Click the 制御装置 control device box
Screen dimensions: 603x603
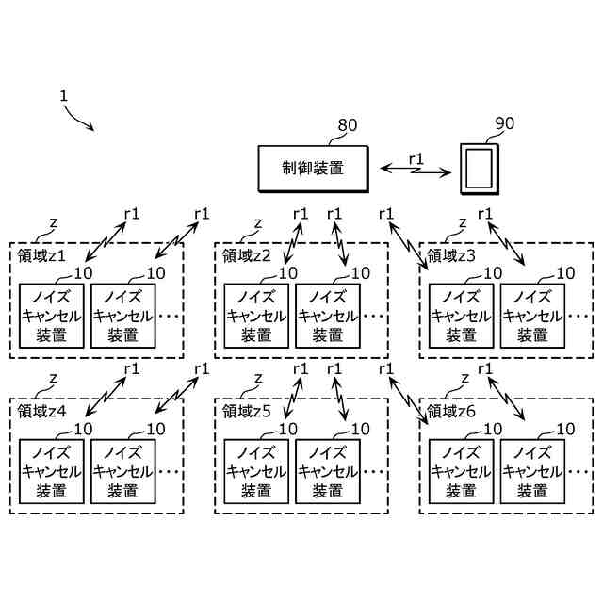pos(313,169)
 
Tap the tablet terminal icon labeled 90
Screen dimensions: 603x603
pos(480,169)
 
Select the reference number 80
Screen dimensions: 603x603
pos(348,125)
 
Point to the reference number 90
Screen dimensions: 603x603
pos(505,123)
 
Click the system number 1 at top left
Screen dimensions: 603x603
pos(64,96)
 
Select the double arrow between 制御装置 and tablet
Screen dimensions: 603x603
pos(416,171)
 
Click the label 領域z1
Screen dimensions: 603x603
pos(41,255)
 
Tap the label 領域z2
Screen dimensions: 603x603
pos(247,255)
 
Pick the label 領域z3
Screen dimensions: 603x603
pos(451,255)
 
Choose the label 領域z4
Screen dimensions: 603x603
pos(41,412)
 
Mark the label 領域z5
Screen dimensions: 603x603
pos(247,412)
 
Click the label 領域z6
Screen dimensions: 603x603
pos(451,412)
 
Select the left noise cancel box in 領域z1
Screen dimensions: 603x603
pos(52,316)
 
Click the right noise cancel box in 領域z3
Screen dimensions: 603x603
pos(532,316)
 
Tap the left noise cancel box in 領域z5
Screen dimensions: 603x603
pos(256,471)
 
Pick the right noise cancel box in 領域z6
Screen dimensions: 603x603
pos(532,471)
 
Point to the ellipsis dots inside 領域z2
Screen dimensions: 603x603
pos(373,317)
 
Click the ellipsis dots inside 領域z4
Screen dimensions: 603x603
pos(169,472)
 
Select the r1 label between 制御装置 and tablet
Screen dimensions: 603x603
pos(416,158)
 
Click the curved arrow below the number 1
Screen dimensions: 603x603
pos(78,119)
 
